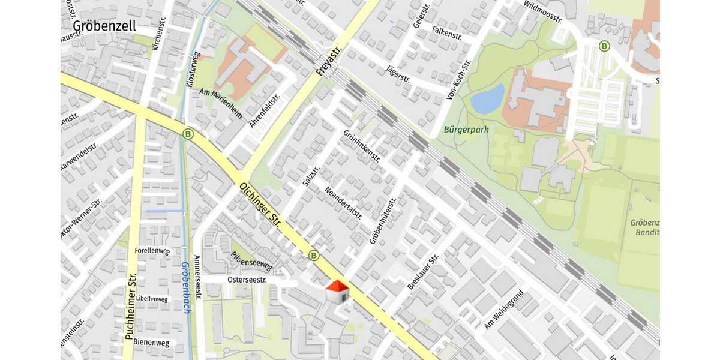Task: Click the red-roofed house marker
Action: point(337,292)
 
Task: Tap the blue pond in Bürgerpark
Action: point(487,99)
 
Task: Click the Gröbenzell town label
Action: point(104,26)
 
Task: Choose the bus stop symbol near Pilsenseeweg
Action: point(313,256)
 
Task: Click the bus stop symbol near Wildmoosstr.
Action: point(604,46)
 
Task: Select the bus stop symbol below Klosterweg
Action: point(188,134)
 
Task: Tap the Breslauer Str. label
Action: point(423,272)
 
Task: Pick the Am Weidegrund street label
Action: point(504,310)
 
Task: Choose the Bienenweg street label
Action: point(152,343)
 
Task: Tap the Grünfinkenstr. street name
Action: point(362,146)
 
